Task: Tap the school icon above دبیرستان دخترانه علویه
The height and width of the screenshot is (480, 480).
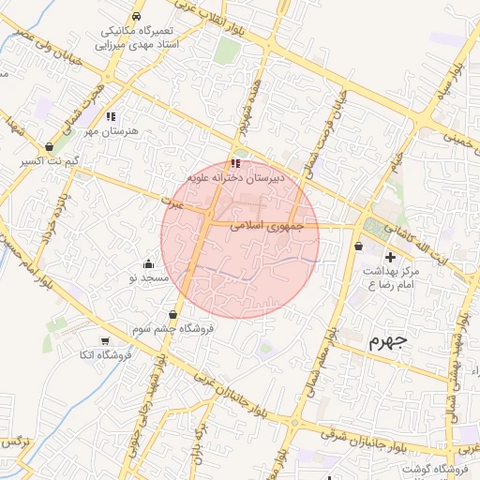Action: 234,164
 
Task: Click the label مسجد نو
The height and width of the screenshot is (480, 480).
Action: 148,278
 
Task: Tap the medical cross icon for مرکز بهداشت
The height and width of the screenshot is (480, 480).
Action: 390,256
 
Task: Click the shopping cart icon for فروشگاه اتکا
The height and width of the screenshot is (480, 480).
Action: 104,340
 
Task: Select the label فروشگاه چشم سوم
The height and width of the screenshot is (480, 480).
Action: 173,329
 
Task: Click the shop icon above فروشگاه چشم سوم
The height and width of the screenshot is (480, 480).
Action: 173,314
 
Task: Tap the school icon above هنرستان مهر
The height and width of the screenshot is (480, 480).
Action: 111,116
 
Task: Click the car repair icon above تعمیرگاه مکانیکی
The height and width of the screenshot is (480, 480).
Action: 137,17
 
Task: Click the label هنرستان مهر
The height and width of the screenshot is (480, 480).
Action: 111,131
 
